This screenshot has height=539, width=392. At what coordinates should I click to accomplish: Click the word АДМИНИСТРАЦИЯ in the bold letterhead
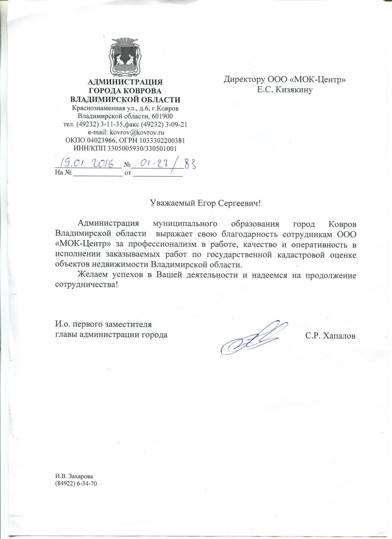point(125,82)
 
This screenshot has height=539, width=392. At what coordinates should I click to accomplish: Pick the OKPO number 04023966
point(101,140)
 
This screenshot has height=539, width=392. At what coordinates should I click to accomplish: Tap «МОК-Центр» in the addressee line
point(320,80)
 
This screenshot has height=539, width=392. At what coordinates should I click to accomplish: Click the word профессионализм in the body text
point(164,245)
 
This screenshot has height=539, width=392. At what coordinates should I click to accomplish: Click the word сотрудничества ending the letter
point(86,285)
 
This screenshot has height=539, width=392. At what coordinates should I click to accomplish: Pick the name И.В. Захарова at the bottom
point(74,476)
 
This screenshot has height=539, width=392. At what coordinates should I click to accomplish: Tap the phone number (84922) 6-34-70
point(76,483)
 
